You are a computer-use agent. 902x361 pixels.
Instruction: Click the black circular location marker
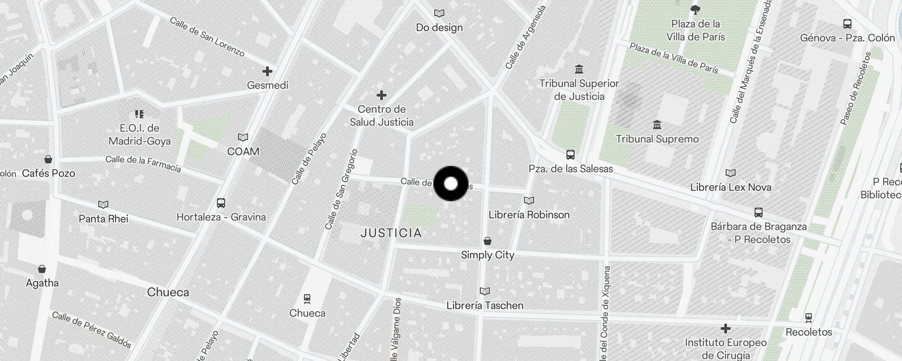click(451, 183)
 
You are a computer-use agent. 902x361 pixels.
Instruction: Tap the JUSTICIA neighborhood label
click(391, 233)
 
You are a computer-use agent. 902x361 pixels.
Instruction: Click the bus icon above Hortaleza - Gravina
click(221, 203)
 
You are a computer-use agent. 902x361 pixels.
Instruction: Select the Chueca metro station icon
click(307, 299)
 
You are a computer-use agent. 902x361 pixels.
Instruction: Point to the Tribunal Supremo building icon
click(657, 125)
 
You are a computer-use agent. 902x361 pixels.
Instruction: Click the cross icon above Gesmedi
click(267, 71)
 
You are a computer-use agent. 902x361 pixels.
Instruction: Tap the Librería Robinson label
click(529, 215)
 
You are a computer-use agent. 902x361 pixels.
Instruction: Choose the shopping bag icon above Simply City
click(488, 241)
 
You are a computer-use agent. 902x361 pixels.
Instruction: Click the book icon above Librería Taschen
click(485, 292)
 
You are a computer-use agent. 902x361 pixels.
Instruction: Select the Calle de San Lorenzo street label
click(207, 37)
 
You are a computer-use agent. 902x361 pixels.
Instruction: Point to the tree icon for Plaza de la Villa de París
click(695, 9)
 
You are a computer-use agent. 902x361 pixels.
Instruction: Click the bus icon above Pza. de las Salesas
click(571, 155)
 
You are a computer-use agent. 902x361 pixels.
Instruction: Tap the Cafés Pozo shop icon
click(48, 159)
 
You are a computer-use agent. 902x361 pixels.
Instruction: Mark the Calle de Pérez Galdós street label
click(92, 330)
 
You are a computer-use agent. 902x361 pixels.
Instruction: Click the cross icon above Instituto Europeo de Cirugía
click(725, 328)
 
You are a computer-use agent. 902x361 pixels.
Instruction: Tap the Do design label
click(439, 28)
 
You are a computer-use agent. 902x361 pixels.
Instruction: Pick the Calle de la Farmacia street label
click(143, 164)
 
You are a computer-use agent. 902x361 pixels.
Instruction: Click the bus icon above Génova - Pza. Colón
click(847, 24)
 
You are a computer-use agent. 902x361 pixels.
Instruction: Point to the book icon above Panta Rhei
click(103, 205)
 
